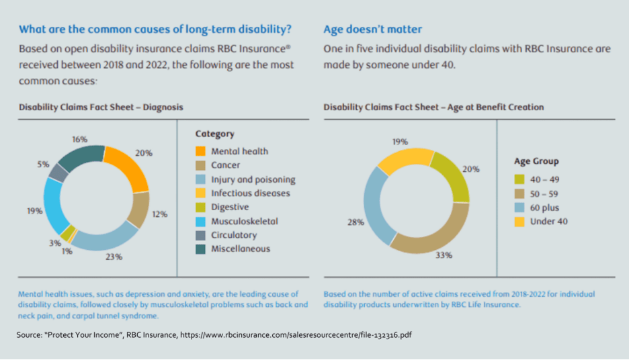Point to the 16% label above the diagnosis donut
coord(80,139)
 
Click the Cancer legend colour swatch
coord(201,165)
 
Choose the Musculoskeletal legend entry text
coord(245,221)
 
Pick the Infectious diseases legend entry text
coord(251,193)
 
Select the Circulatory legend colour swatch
coord(201,235)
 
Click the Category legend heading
coord(215,134)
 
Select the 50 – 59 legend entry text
coord(544,193)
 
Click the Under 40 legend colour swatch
coord(520,222)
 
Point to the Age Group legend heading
coord(536,161)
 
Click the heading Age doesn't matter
coord(373,30)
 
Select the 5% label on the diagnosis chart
coord(43,164)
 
